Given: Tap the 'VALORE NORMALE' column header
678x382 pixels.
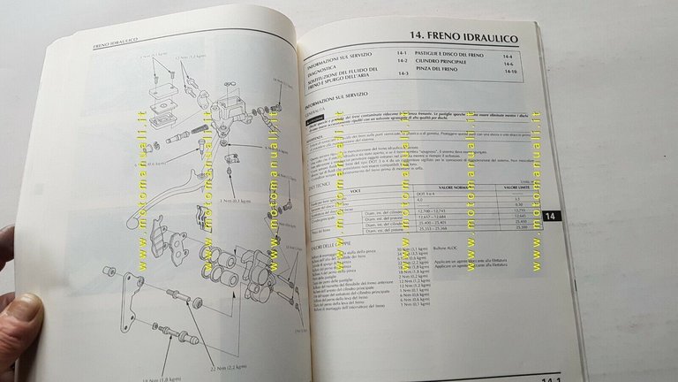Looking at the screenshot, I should [458, 187].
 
